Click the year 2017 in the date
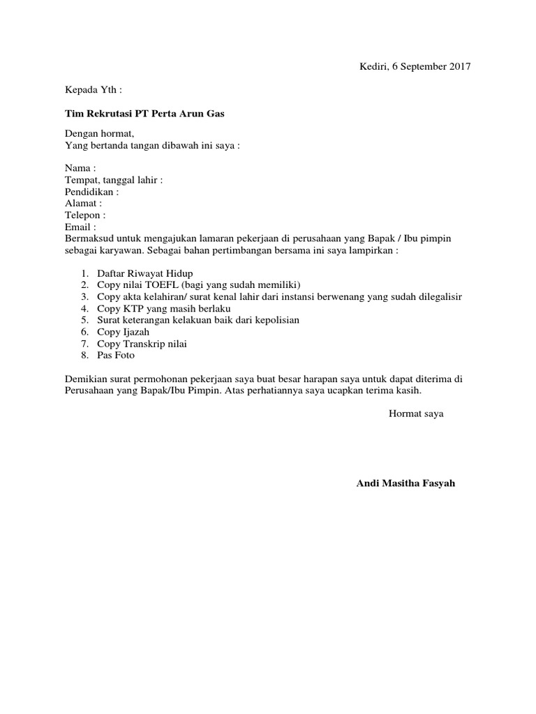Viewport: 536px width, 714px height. (459, 67)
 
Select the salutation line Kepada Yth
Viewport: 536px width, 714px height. (93, 89)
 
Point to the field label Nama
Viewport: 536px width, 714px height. (80, 168)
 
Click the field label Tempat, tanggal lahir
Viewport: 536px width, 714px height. (114, 180)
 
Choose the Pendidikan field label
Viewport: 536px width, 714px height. (91, 191)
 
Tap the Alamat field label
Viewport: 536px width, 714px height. (83, 203)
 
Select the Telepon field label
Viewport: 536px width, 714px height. (85, 215)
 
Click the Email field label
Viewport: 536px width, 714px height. (80, 227)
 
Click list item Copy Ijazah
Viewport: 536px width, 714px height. (122, 332)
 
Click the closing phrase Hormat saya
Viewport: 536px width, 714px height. (416, 413)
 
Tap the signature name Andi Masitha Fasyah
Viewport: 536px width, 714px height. (405, 483)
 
